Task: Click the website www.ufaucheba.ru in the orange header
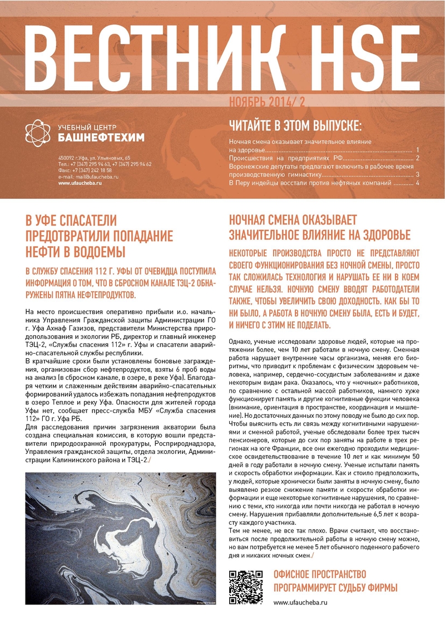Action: coord(80,183)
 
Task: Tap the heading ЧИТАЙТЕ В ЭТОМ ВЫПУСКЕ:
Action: coord(295,123)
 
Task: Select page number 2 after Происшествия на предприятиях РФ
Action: coord(417,159)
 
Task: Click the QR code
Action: coord(246,587)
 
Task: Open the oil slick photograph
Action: coord(121,538)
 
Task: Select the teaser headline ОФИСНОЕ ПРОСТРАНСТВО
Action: coord(320,574)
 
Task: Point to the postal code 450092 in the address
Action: coord(67,158)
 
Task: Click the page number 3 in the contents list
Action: coord(417,175)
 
